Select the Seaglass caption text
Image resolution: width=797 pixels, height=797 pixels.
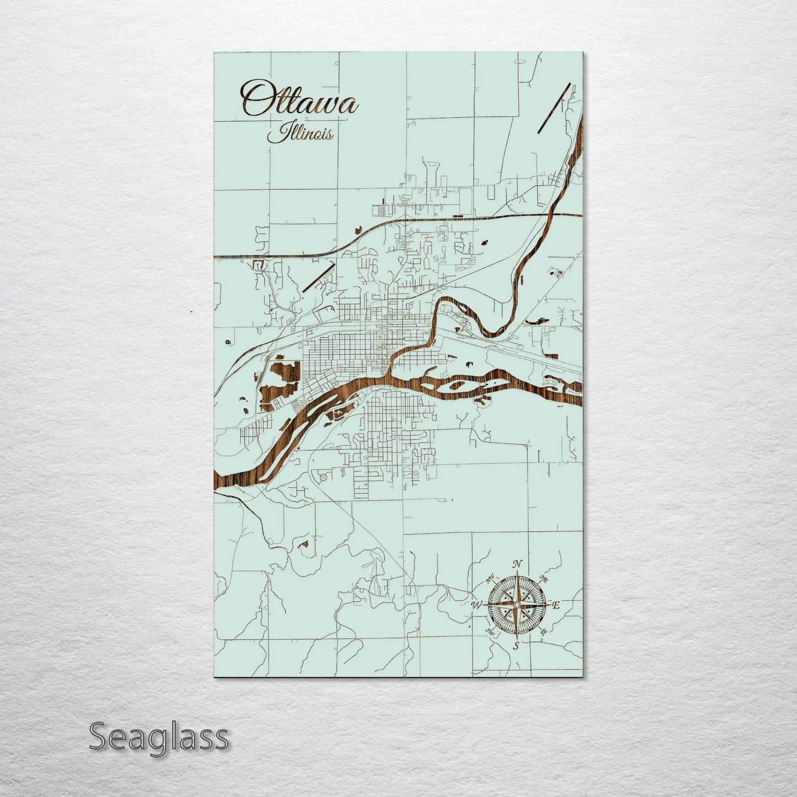(x=159, y=736)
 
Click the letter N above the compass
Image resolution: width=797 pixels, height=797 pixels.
(x=517, y=564)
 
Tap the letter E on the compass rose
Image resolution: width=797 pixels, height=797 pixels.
(x=556, y=606)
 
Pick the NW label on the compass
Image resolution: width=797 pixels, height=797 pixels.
(x=490, y=580)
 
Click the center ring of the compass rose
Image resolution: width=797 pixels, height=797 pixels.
(x=516, y=606)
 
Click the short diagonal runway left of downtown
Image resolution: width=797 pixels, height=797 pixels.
(x=319, y=277)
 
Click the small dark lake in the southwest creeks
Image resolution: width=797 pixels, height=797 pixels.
(x=303, y=544)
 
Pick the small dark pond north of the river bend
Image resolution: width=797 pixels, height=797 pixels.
(x=485, y=242)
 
